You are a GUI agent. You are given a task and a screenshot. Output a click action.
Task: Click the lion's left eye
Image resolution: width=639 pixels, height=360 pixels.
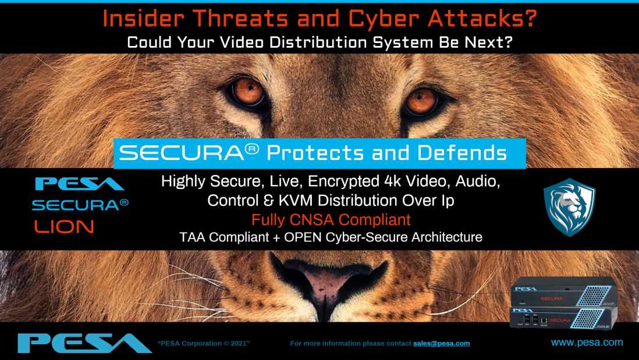point(247,92)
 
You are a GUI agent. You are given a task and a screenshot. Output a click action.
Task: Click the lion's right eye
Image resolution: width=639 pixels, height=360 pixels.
point(421,100)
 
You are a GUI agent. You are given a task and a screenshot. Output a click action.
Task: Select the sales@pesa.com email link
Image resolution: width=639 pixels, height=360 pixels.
point(441,343)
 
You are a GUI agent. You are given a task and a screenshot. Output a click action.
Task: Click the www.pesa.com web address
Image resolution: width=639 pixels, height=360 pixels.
point(587,343)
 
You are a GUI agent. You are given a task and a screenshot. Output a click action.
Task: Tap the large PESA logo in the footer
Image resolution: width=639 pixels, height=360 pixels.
point(84,343)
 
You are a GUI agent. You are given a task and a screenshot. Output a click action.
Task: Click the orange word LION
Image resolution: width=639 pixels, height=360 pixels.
point(64,226)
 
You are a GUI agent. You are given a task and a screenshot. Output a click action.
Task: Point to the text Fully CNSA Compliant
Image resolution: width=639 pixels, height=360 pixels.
point(331,220)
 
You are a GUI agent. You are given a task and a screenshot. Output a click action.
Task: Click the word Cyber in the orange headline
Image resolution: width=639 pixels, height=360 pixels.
point(382,19)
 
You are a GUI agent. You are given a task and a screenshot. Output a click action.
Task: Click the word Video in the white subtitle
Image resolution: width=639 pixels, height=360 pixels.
point(242,42)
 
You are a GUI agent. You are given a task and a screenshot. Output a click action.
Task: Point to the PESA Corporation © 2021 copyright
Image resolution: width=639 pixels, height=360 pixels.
point(203,343)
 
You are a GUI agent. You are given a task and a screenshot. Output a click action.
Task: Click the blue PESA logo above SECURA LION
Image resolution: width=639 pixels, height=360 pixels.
point(80,184)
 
